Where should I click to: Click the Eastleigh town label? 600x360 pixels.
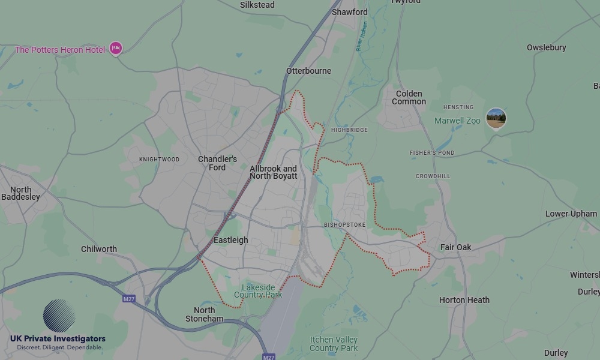tap(230, 240)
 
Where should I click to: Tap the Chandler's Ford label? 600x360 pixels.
tap(217, 163)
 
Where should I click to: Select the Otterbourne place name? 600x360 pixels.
tap(308, 71)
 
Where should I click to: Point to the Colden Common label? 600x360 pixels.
tap(409, 98)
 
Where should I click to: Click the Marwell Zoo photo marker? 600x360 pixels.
tap(496, 118)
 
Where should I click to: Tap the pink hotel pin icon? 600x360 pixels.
tap(115, 49)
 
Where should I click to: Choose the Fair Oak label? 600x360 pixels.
tap(455, 247)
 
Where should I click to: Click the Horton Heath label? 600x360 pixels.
tap(464, 300)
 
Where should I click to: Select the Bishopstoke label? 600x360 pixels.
tap(344, 225)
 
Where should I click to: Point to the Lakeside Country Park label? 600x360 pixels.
tap(257, 292)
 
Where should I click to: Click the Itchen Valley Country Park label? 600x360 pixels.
tap(334, 344)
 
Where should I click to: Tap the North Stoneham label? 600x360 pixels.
tap(204, 314)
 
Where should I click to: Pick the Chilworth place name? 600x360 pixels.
tap(99, 249)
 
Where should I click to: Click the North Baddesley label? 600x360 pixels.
tap(20, 193)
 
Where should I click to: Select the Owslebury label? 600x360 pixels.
tap(546, 47)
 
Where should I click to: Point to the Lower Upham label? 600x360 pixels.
tap(571, 214)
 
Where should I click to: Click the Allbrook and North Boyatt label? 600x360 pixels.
tap(273, 172)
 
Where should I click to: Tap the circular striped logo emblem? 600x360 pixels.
tap(59, 316)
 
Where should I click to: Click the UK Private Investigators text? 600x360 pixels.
tap(58, 339)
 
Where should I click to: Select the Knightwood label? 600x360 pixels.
tap(159, 160)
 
